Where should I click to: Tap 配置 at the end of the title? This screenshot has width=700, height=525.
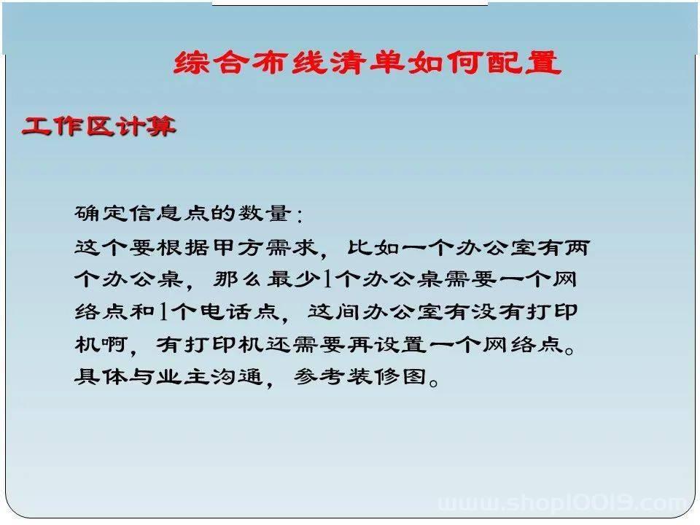524,62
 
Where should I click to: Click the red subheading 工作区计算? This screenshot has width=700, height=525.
98,126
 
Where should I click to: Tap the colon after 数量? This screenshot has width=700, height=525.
299,214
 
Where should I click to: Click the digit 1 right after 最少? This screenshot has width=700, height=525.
327,279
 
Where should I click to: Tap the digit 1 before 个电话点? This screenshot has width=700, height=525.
163,311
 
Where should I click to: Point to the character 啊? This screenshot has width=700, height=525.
114,344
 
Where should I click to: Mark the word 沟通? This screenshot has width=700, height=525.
236,376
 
